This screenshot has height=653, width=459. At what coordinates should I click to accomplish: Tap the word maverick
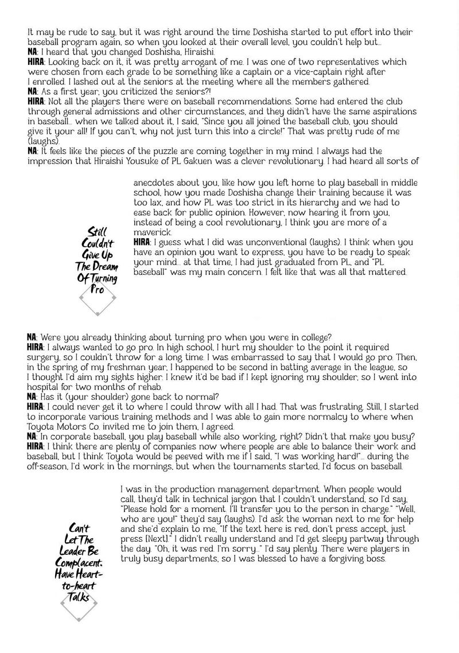click(151, 231)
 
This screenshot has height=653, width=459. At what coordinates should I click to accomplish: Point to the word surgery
click(45, 356)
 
